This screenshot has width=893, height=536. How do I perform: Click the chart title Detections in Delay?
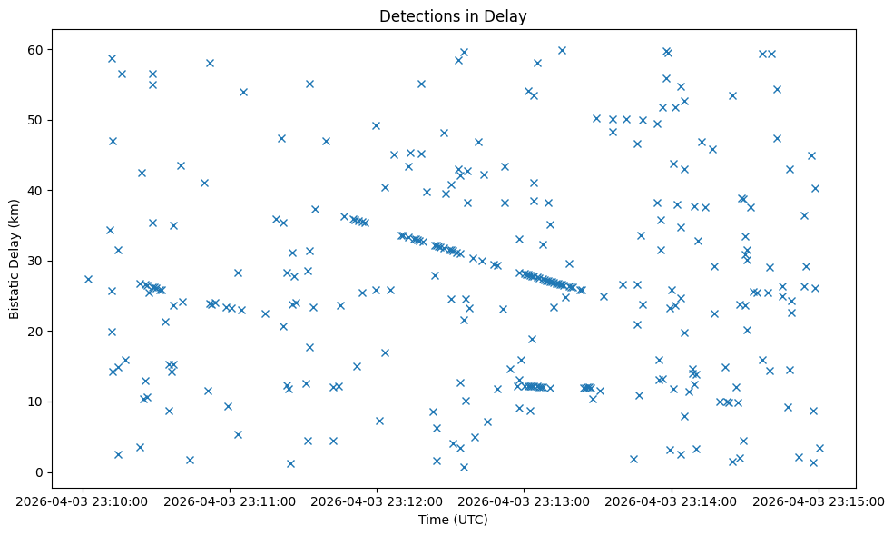coord(453,16)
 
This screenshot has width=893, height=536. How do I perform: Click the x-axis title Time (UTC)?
coord(453,520)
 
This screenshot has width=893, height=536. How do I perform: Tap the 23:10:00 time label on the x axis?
coord(83,501)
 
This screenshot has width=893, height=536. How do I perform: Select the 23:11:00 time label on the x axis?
coord(230,501)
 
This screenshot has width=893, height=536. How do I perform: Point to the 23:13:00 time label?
coord(524,501)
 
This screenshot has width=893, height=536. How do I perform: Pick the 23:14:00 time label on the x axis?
coord(672,501)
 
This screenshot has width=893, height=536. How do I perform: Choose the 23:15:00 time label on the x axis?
coord(819,501)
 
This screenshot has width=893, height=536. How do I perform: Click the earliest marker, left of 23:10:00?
coord(88,279)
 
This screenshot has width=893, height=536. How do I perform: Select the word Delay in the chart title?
coord(508,16)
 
